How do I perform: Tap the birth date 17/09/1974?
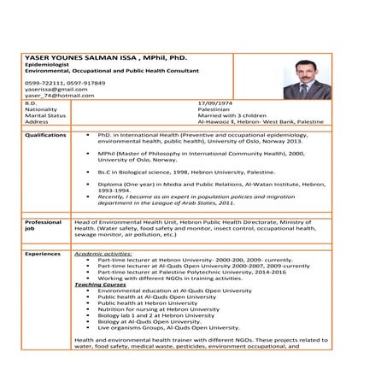[214, 103]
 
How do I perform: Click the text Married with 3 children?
[232, 115]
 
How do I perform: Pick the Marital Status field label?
[44, 115]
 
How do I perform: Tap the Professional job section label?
[44, 226]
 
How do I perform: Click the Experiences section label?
[43, 254]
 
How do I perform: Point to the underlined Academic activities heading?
[103, 254]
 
